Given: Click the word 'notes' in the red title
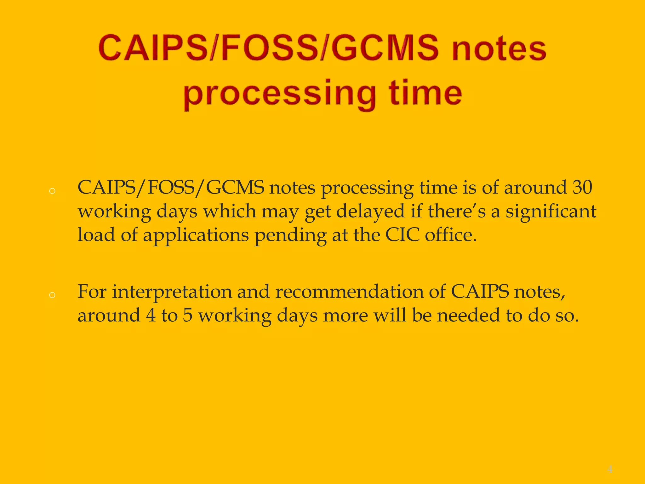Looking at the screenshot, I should pos(499,49).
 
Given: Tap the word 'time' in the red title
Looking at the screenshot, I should pos(425,93).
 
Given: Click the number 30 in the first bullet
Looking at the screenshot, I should pos(582,187).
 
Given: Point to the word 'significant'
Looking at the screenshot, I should pos(551,211).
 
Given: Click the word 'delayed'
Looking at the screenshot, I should pos(370,211).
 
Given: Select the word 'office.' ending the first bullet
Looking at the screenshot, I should pos(451,235).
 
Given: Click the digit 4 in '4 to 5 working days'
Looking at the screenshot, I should pos(151,315).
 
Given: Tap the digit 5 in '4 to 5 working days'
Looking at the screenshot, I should pos(188,315).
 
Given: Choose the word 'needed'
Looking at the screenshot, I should pos(468,315).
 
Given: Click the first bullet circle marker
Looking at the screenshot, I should pos(52,191).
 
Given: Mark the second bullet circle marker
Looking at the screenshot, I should pos(52,295).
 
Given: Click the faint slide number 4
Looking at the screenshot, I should pos(610,469).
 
